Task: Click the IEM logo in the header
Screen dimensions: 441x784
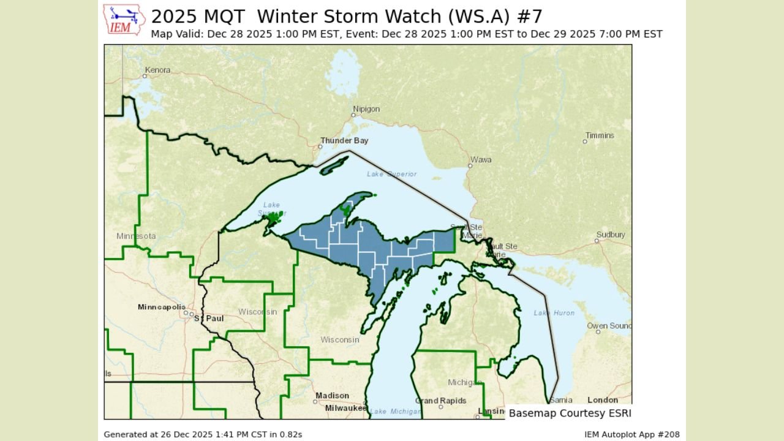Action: (x=124, y=20)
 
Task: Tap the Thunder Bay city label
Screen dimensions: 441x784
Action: (x=344, y=141)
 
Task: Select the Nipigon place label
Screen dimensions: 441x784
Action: (x=366, y=109)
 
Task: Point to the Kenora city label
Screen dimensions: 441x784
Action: (x=157, y=70)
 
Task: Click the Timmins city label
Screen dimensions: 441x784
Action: (x=600, y=135)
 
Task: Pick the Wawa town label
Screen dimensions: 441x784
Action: (x=481, y=160)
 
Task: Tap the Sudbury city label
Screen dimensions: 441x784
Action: (x=610, y=235)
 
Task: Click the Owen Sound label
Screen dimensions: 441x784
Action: (x=609, y=326)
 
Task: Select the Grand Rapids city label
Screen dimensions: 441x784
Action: (x=440, y=401)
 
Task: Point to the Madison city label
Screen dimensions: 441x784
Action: (x=332, y=396)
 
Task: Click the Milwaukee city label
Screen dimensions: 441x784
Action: (x=345, y=408)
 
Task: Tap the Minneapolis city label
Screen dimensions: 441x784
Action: (x=162, y=307)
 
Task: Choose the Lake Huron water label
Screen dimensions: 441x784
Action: (x=554, y=313)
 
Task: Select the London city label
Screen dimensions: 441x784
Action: (x=603, y=400)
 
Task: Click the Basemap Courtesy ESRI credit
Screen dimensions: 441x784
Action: (x=570, y=413)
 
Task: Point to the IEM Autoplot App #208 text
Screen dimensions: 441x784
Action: (x=631, y=434)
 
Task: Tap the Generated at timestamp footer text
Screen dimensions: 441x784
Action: (x=203, y=434)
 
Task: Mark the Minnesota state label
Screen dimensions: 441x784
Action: (x=136, y=236)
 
